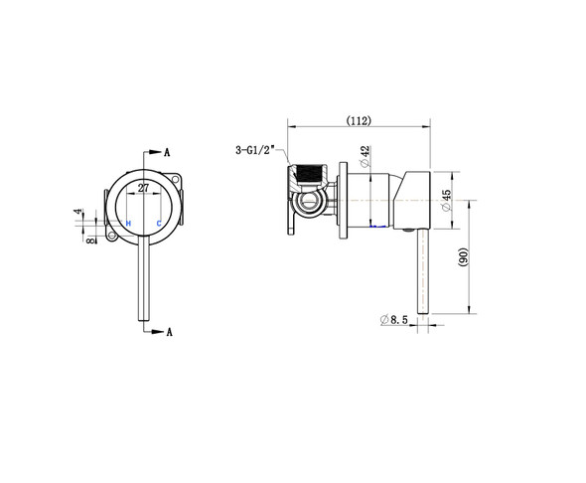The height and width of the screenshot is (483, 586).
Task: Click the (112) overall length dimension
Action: point(359,120)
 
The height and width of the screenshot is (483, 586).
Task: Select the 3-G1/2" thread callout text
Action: point(259,150)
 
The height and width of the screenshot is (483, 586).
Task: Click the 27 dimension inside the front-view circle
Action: point(144,187)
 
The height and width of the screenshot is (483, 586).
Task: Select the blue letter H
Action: point(129,222)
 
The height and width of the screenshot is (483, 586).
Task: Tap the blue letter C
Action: point(158,222)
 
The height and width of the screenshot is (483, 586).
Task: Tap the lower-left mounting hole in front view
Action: point(110,237)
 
